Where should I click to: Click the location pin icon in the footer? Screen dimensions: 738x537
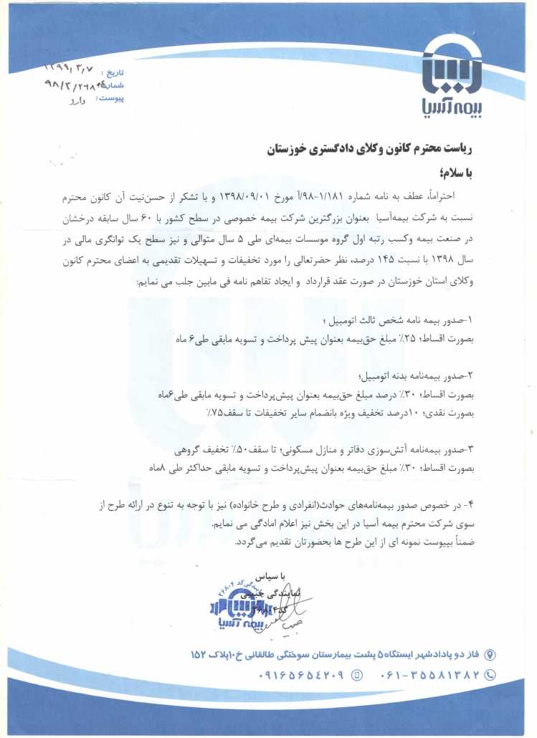[x=490, y=654]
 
